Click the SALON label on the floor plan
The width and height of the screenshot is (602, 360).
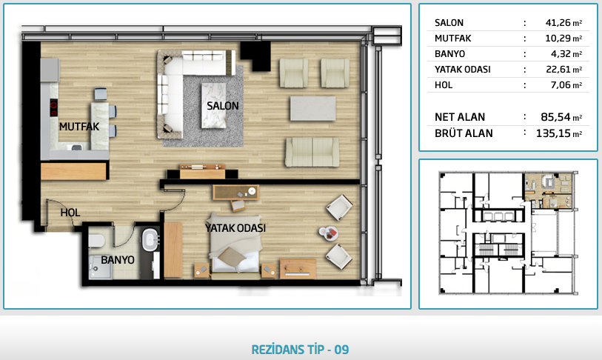(x=223, y=106)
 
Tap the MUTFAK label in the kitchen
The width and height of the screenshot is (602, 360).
(x=79, y=127)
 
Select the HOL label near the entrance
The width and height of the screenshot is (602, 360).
(x=70, y=213)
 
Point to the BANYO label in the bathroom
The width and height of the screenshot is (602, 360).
(x=118, y=260)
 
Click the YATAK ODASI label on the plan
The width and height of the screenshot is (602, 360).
(x=235, y=228)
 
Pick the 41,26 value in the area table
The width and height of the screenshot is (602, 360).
(x=558, y=23)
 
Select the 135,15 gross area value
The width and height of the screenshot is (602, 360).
(x=553, y=133)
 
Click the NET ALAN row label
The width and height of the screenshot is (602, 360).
(x=460, y=117)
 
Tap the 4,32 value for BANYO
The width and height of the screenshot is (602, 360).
(x=561, y=54)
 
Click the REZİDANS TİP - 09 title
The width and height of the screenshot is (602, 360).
(x=300, y=350)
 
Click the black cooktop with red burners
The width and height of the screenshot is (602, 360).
(x=54, y=107)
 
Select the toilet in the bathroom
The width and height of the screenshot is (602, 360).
(x=96, y=241)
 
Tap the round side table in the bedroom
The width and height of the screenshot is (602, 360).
(x=329, y=233)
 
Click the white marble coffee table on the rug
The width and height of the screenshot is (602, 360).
(x=214, y=106)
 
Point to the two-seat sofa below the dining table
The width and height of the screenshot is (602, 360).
(x=312, y=152)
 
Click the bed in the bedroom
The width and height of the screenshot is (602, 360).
(x=235, y=246)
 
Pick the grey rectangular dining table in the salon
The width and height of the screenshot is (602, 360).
(x=313, y=108)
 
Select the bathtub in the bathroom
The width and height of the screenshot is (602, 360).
(x=150, y=240)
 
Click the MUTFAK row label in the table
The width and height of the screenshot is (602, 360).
(x=452, y=39)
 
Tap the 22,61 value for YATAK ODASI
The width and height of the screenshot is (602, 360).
(x=558, y=70)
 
